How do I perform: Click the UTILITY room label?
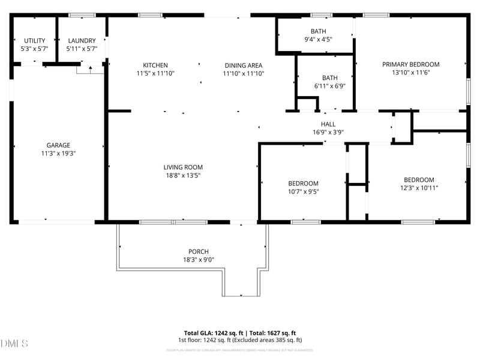point(34,41)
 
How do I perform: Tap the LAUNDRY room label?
point(81,41)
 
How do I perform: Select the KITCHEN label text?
point(155,65)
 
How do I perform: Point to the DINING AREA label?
point(244,65)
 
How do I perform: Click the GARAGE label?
point(58,145)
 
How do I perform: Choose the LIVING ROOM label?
point(183,167)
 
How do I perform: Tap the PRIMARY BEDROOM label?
point(411,64)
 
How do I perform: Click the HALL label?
point(328,124)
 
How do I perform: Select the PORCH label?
point(199,251)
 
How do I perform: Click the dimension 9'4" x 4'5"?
point(318,39)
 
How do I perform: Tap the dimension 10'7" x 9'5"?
point(303,192)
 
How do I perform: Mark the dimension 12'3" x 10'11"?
point(418,188)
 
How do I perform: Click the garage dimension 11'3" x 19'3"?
point(58,153)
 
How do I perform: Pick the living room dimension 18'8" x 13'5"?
point(183,176)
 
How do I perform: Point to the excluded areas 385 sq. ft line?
point(240,340)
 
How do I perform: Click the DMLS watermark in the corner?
point(14,343)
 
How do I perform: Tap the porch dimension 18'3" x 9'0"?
point(199,260)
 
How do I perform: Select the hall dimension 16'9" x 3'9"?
point(328,132)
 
